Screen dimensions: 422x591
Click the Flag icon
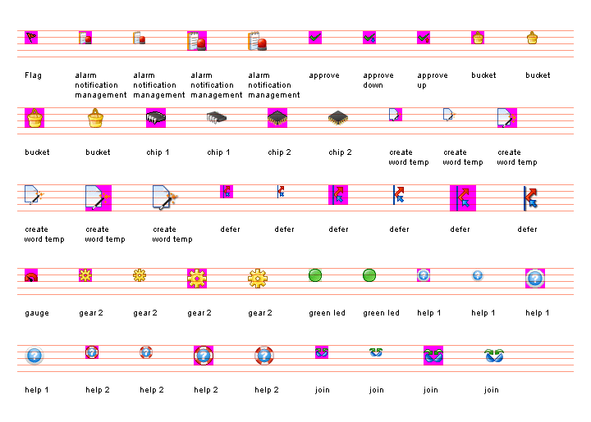click(31, 38)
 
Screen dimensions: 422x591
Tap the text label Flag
click(33, 75)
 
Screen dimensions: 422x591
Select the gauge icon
click(31, 276)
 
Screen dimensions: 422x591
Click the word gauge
click(37, 313)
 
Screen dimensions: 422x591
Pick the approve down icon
click(369, 38)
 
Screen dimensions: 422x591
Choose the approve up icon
click(424, 38)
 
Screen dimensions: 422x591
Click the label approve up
click(433, 80)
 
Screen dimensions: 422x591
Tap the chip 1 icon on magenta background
click(156, 118)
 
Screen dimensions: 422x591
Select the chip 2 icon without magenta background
click(338, 118)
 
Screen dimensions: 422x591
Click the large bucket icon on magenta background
click(34, 118)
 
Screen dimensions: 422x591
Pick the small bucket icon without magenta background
click(532, 38)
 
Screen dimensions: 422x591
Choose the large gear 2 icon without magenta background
click(258, 278)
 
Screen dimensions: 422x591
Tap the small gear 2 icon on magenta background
click(85, 275)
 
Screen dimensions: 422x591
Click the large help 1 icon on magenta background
click(535, 278)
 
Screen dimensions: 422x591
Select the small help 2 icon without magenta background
click(146, 352)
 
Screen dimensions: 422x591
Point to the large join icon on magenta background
click(433, 355)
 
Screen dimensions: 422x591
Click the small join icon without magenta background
click(376, 352)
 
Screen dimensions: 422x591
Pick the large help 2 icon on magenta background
click(204, 355)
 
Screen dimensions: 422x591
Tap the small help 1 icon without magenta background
click(478, 275)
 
